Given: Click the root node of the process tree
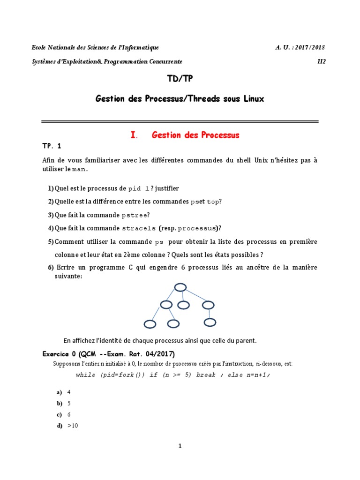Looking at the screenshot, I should tap(180, 288).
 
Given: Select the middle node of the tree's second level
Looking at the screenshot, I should tap(183, 305).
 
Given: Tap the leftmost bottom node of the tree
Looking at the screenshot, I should tap(150, 324).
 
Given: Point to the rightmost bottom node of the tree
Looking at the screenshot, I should tap(210, 322).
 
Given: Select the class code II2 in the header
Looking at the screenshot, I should tap(321, 61).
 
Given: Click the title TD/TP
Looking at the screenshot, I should tap(180, 80).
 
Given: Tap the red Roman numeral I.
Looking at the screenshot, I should tap(134, 135).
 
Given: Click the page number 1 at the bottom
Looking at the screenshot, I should tap(180, 446).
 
